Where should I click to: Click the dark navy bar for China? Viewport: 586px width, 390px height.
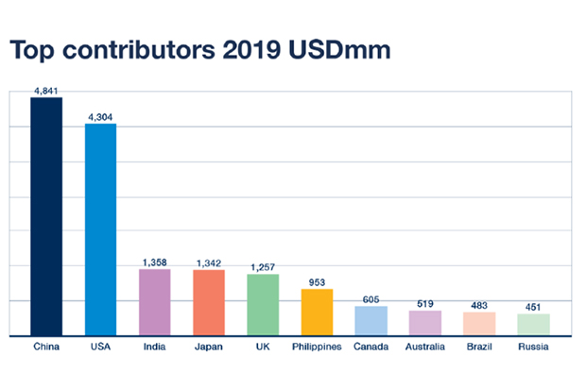(x=46, y=216)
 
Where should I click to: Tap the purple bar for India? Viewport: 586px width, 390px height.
(x=154, y=302)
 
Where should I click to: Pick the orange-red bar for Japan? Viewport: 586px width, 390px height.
(x=209, y=302)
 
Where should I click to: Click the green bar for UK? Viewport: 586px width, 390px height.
(x=263, y=304)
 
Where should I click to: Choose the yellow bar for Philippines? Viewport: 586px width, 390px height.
(x=317, y=312)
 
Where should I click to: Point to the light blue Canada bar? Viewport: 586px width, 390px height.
(x=371, y=320)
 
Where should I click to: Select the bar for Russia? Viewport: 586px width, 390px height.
(x=533, y=324)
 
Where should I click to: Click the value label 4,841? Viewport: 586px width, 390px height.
(x=46, y=91)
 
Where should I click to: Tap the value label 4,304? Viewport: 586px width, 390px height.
(x=100, y=117)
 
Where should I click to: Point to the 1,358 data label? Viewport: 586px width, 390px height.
(x=154, y=263)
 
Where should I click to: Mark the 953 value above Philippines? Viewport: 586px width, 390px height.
(x=317, y=281)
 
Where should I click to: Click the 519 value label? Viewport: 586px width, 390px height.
(x=425, y=303)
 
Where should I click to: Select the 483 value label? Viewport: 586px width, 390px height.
(x=479, y=305)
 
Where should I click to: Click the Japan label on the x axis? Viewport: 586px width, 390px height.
(x=209, y=347)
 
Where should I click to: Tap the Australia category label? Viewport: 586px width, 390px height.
(x=425, y=347)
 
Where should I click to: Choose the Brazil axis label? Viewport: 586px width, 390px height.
(x=479, y=347)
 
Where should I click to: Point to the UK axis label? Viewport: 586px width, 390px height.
(x=263, y=347)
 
